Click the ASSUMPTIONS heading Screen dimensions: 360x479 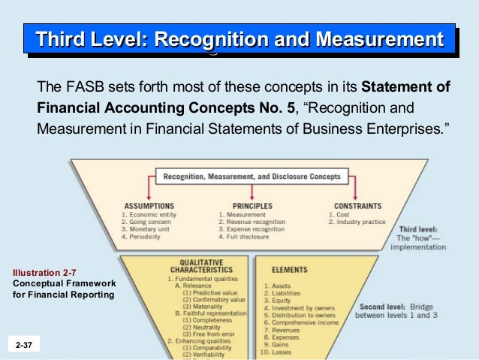tap(148, 206)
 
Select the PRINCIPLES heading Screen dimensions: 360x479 tap(252, 206)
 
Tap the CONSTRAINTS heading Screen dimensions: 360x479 tap(358, 206)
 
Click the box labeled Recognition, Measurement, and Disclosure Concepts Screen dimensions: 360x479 tap(252, 177)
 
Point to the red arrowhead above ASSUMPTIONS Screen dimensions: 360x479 tap(148, 197)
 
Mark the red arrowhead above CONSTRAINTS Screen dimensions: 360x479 tap(357, 197)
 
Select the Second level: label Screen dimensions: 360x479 tap(384, 307)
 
